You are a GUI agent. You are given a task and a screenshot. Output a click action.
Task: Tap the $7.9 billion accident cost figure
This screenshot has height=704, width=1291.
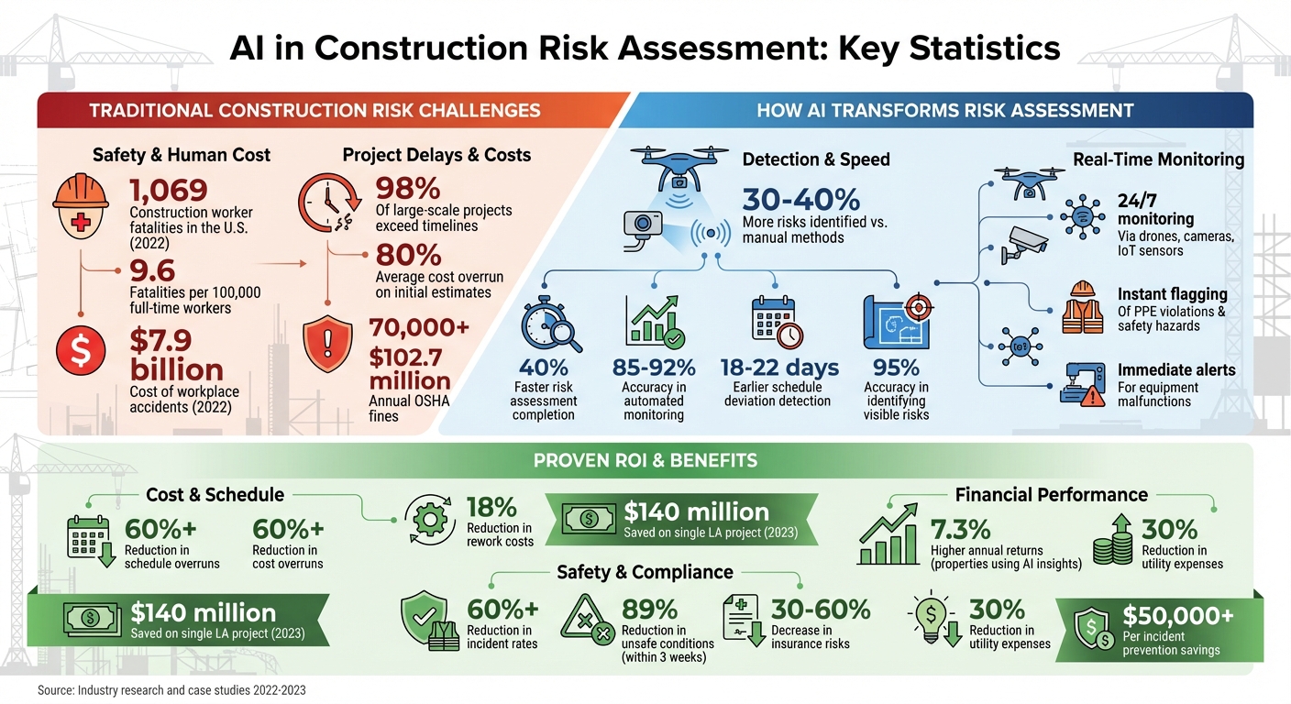click(175, 356)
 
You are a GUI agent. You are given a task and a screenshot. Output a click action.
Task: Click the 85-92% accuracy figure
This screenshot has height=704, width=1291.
click(654, 368)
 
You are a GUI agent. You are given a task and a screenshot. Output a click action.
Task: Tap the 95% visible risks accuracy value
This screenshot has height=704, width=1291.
click(896, 368)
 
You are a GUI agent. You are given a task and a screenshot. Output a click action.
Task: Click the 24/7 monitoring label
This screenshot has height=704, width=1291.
click(1155, 209)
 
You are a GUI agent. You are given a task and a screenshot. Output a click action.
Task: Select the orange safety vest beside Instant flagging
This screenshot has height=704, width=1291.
click(1083, 307)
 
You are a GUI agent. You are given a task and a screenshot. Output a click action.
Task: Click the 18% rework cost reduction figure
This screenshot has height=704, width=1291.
click(491, 507)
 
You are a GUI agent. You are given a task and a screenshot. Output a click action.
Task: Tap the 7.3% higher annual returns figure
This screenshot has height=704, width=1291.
click(960, 529)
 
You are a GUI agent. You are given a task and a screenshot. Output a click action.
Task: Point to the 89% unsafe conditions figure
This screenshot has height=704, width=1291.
click(649, 609)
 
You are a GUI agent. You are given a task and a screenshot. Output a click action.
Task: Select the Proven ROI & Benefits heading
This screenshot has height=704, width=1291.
click(645, 459)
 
